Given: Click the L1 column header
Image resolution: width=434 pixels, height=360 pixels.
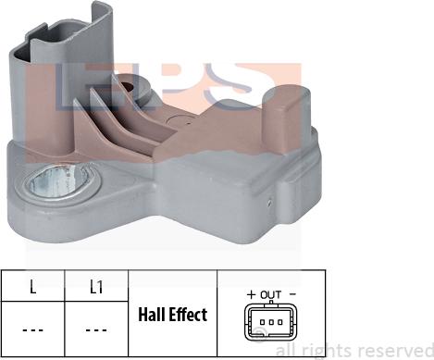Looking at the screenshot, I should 95,287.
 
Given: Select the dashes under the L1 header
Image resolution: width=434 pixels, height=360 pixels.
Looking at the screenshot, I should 95,328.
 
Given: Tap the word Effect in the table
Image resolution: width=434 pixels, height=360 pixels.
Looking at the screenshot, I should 189,316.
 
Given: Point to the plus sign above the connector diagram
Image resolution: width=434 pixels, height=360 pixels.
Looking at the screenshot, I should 251,295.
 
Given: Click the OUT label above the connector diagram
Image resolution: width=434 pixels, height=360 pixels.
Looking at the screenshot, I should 271,295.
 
